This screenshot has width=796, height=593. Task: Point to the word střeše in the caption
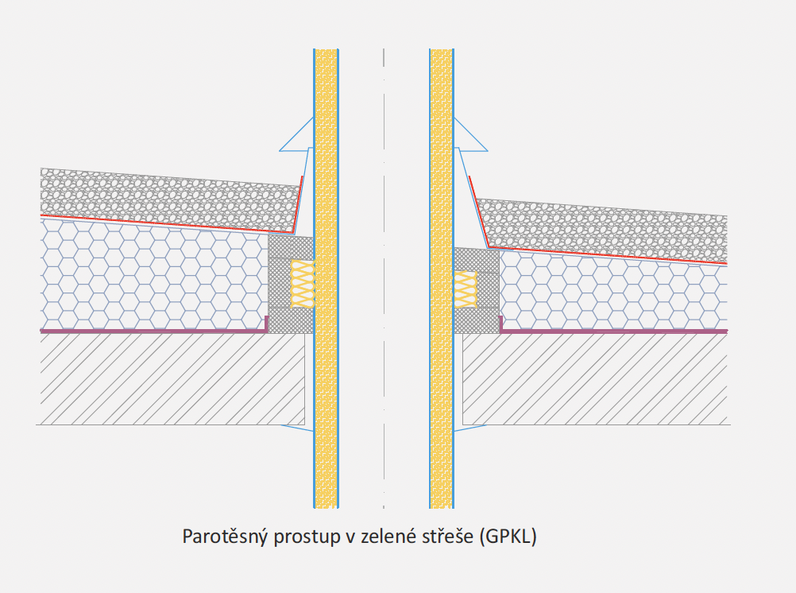(448, 537)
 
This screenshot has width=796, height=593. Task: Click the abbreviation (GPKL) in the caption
(508, 537)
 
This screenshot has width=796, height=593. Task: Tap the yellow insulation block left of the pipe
(303, 284)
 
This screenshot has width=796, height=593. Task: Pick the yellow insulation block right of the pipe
(466, 288)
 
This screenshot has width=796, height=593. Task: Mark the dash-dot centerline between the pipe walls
(384, 278)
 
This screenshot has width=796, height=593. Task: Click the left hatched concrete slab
(171, 378)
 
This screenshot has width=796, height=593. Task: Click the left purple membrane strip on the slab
(151, 330)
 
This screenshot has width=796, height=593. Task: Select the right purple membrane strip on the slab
(612, 331)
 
